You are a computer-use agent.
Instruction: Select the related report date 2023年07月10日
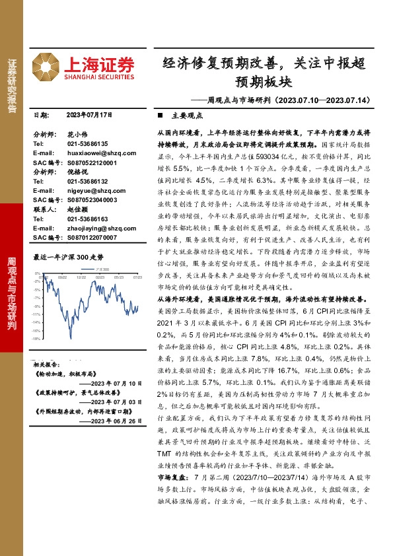(116, 383)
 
